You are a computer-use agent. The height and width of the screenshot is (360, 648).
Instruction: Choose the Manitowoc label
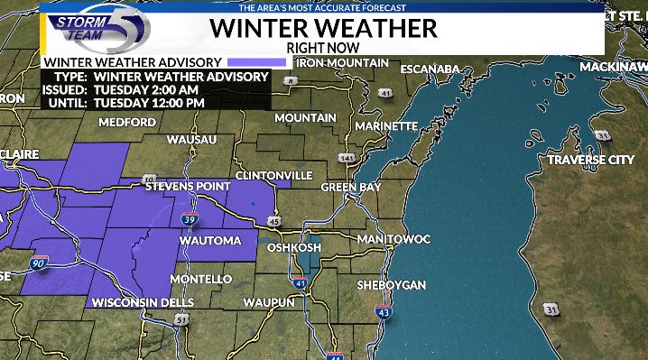click(x=393, y=238)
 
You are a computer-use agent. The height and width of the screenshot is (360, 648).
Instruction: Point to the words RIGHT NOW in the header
click(x=323, y=46)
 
